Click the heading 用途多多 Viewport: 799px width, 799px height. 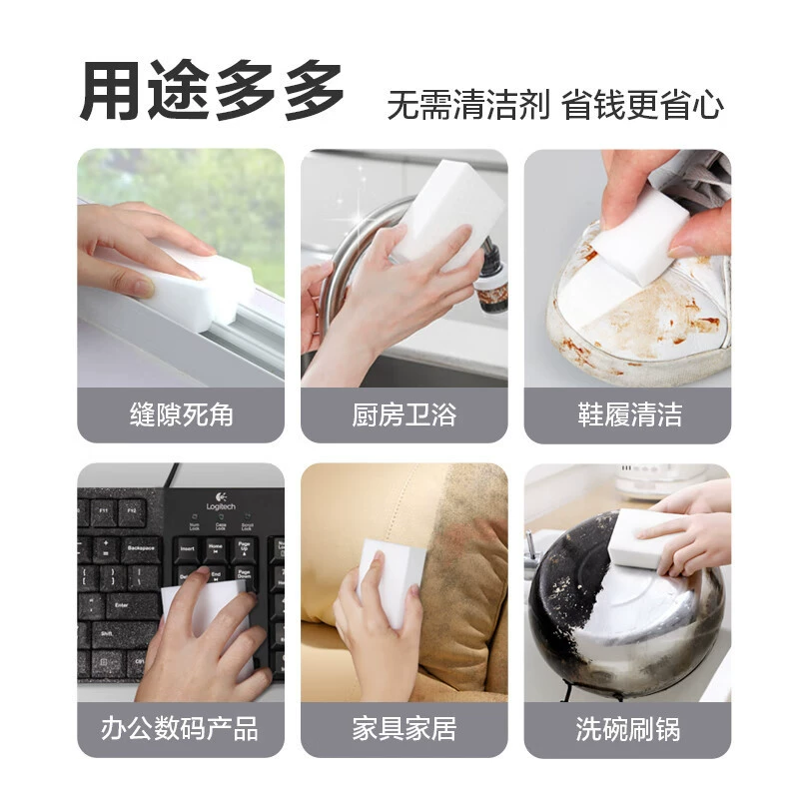(x=211, y=91)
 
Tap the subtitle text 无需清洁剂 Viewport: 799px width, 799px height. (x=468, y=105)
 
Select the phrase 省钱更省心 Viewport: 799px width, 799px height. (x=642, y=105)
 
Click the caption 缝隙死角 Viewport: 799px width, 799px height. (x=182, y=414)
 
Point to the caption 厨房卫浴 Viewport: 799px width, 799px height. (x=404, y=414)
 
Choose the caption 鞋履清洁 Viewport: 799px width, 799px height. (x=630, y=414)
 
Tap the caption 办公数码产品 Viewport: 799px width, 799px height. (x=180, y=728)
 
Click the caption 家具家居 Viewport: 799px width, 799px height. (x=404, y=728)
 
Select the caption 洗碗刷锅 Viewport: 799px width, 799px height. (x=628, y=729)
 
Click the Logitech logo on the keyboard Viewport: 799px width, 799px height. (x=221, y=501)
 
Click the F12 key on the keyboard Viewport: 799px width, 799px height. (x=132, y=511)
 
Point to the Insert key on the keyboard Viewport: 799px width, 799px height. (x=187, y=550)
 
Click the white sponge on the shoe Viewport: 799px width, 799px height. (x=643, y=236)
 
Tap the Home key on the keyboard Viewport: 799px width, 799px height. (x=216, y=548)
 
